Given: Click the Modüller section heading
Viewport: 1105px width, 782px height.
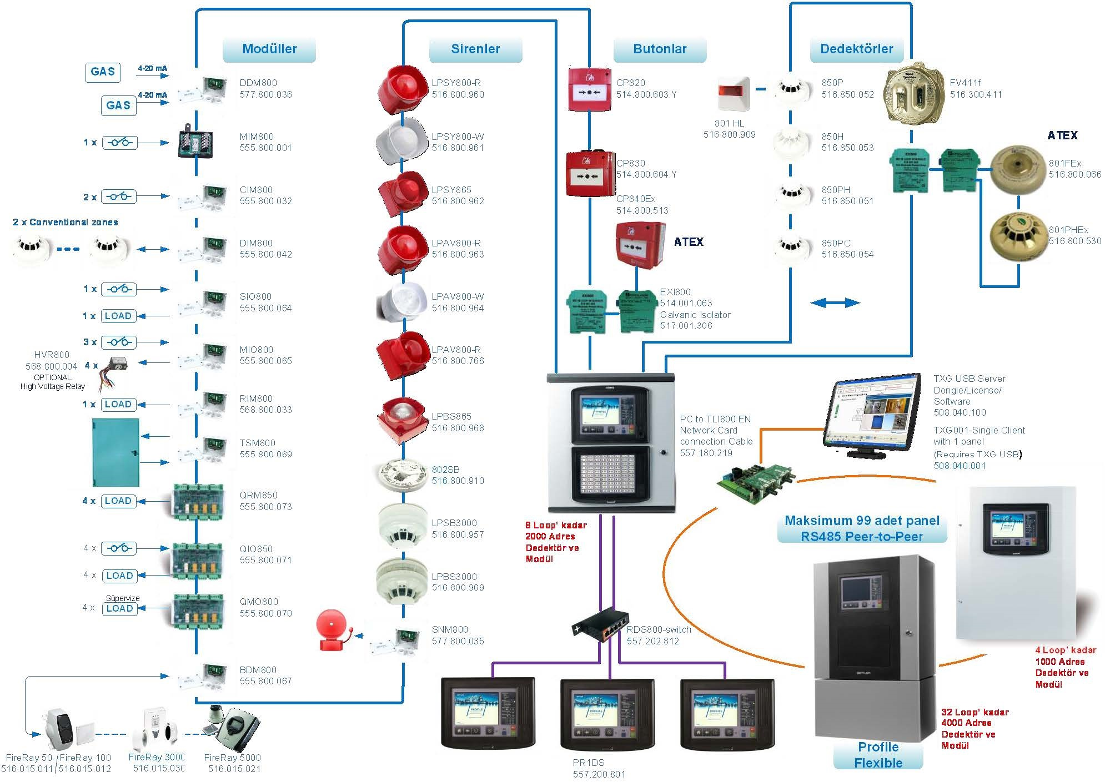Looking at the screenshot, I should click(269, 49).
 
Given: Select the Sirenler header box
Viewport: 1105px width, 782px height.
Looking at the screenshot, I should click(475, 49).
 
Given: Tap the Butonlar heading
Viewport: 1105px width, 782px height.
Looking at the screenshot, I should click(660, 49).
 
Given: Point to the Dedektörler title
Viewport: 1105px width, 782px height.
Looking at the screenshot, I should click(856, 49).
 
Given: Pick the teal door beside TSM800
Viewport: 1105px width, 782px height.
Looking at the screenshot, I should click(115, 453).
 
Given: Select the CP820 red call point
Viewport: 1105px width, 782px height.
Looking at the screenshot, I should click(589, 89).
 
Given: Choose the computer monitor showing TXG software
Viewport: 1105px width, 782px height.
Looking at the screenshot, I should click(871, 414).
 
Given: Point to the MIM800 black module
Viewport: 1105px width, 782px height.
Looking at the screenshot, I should click(195, 142).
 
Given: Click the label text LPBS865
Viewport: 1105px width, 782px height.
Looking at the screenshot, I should click(451, 416).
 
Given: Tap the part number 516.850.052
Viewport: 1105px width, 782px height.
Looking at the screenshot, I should click(847, 94).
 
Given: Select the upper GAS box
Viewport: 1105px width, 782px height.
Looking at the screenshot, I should click(103, 72).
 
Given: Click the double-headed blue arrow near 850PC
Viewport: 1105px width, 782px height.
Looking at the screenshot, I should click(835, 302).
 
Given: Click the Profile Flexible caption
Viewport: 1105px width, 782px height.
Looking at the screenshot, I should click(878, 755).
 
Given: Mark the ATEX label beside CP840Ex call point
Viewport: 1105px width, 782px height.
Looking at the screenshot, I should click(689, 242).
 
